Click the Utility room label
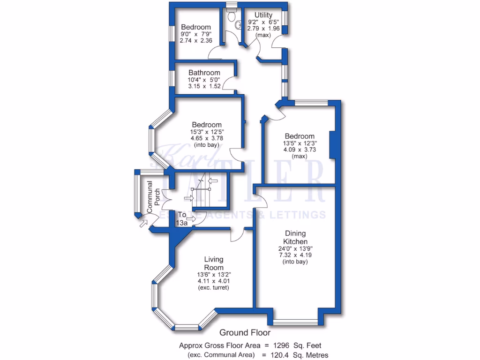263,15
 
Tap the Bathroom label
204,73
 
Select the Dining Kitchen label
295,237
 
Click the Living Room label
213,263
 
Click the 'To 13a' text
182,219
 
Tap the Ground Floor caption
245,333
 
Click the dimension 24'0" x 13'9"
295,249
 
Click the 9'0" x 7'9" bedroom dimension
196,34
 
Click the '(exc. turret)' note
213,287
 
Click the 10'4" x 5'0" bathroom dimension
204,80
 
